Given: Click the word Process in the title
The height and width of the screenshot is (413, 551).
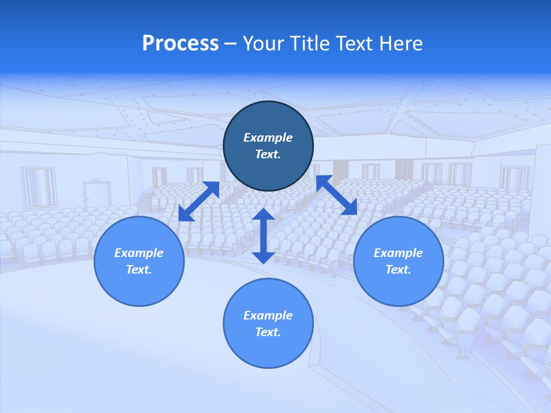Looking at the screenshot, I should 180,44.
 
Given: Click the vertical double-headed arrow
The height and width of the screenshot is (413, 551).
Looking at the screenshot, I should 263,236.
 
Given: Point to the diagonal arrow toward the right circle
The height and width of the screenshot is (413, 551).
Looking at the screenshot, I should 336,195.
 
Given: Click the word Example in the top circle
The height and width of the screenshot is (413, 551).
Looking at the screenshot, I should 268,138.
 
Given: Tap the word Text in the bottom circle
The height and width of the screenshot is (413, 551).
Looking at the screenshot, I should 267,332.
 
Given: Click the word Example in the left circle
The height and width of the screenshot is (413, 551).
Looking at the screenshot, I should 139,253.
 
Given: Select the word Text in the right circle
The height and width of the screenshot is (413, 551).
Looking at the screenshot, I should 398,270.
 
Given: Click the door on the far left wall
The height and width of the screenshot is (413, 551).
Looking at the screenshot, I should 96,195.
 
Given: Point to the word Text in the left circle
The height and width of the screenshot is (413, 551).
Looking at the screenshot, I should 139,270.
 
